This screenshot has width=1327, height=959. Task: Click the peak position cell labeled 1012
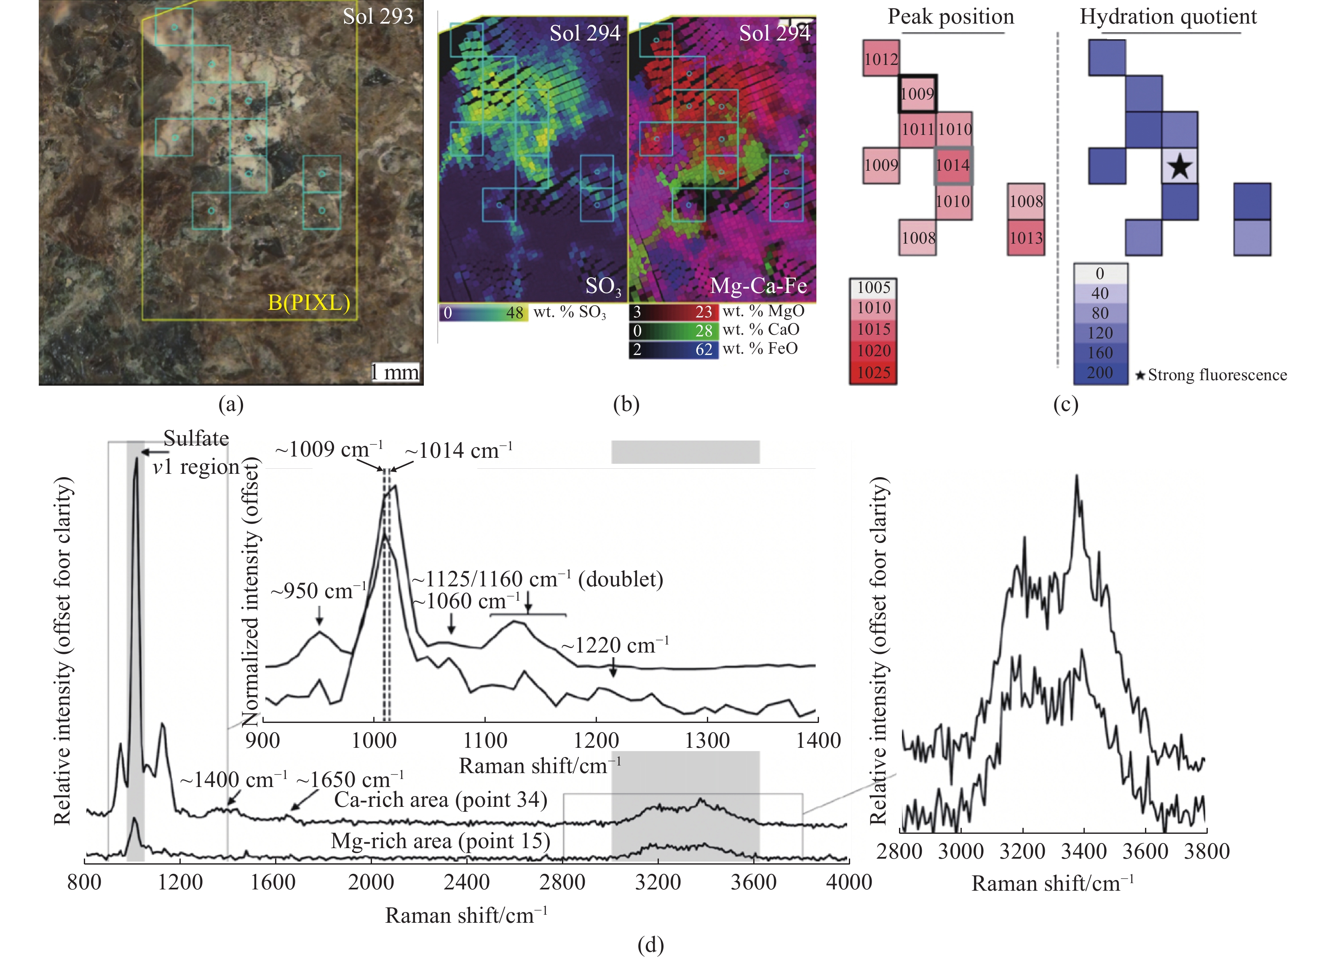(880, 58)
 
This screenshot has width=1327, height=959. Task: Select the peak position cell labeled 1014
(953, 166)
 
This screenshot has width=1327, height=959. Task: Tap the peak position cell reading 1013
(1026, 238)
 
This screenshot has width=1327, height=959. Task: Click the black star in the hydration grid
(1180, 166)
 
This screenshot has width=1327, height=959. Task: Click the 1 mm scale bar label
(395, 372)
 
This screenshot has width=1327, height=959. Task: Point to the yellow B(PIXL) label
(309, 302)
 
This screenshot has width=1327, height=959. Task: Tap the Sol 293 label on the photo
(378, 16)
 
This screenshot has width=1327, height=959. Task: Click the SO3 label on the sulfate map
(603, 286)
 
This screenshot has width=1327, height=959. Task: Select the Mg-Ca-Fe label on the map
(758, 285)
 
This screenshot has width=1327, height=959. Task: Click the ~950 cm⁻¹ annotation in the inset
(319, 591)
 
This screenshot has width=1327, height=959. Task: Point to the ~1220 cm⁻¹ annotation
(615, 645)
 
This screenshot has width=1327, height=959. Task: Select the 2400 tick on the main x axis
(466, 882)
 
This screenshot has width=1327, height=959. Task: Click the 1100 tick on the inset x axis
(485, 741)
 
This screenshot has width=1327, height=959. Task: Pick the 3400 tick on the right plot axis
(1084, 851)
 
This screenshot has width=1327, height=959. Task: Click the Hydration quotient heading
(1168, 16)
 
